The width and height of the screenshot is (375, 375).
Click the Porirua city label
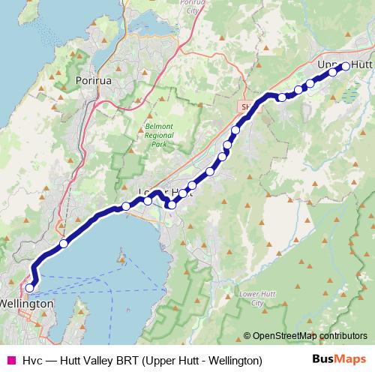(x=94, y=79)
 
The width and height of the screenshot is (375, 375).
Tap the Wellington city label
(x=28, y=304)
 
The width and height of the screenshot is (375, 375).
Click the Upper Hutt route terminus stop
(x=346, y=66)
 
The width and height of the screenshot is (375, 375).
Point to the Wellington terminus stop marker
(x=30, y=287)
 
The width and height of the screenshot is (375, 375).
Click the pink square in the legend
(x=10, y=361)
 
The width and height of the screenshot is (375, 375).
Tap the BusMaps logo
(x=340, y=360)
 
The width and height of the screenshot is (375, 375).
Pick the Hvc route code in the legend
(x=32, y=361)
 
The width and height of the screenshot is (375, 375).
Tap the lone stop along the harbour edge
(x=64, y=243)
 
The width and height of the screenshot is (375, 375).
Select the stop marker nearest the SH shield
(x=282, y=97)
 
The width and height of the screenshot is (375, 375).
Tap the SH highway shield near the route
(x=245, y=107)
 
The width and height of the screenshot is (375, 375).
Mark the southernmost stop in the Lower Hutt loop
(x=172, y=205)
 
